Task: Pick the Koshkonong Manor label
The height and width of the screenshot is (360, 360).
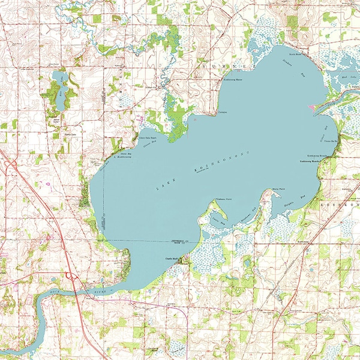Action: tap(232, 79)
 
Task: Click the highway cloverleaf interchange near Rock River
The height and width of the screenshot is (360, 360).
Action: tap(71, 277)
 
